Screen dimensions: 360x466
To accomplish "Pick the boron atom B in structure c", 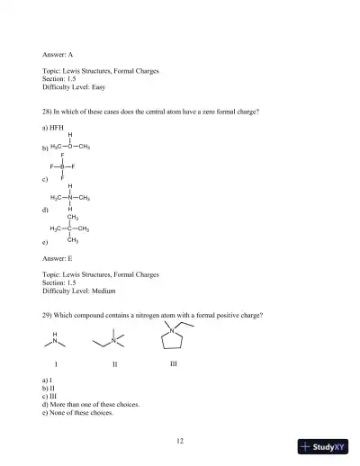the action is pos(62,166).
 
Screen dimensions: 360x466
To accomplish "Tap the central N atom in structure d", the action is pos(70,198).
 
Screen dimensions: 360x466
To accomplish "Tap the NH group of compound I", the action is pos(56,338).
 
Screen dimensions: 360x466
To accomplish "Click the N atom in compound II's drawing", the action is pos(113,340).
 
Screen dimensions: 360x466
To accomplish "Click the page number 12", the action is pos(180,441).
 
